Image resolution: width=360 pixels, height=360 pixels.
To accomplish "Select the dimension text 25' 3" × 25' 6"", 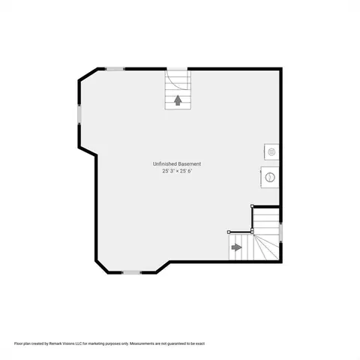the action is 178,171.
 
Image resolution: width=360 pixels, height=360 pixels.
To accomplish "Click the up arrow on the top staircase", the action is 178,100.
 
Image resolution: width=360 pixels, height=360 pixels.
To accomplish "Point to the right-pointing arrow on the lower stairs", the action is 236,247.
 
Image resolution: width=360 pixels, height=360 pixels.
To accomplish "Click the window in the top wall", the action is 115,69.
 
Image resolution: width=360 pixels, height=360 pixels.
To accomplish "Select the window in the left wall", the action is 79,115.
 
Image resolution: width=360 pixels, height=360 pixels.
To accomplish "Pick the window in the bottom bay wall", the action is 131,272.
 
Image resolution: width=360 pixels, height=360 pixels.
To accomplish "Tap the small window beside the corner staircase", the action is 280,232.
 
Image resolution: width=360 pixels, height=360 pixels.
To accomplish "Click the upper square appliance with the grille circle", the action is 271,151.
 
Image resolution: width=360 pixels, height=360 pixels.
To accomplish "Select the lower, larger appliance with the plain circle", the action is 270,177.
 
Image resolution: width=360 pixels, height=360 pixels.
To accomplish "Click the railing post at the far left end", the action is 229,232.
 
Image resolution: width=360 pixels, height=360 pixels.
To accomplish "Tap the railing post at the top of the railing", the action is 252,206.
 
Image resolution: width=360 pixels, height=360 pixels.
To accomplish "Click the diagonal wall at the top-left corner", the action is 88,74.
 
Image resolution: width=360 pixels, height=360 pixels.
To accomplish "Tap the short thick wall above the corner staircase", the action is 266,207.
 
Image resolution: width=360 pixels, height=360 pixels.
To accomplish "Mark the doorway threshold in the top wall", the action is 177,69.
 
